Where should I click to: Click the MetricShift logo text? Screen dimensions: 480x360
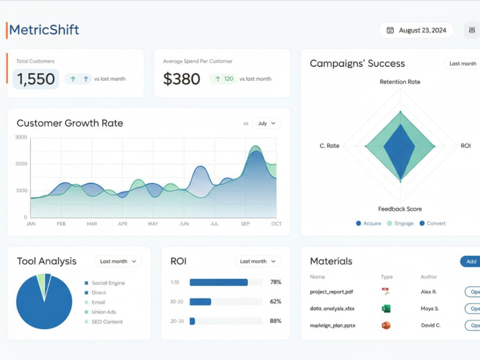tap(44, 30)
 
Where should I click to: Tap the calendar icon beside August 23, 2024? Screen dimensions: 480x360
tap(390, 30)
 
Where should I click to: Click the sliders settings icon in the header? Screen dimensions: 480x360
tap(472, 30)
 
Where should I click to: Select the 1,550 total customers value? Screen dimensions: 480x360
tap(36, 79)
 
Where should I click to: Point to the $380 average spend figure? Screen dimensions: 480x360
tap(181, 79)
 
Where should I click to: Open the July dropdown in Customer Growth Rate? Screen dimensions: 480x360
tap(266, 123)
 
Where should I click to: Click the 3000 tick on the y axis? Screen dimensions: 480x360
tap(21, 137)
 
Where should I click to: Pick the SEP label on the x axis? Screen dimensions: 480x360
tap(245, 224)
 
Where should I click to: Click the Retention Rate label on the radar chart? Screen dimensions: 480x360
tap(400, 82)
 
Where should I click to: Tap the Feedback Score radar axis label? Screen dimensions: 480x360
tap(400, 209)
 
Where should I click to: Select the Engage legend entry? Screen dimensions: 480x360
tap(400, 223)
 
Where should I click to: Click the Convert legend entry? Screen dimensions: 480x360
tap(432, 223)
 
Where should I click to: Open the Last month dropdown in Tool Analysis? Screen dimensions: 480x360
tap(118, 262)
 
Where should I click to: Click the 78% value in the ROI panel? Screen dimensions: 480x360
tap(276, 282)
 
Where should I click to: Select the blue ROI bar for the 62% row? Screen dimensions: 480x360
tap(201, 302)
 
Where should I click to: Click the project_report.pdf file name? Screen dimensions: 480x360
tap(332, 292)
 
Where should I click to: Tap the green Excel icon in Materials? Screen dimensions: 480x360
tap(386, 309)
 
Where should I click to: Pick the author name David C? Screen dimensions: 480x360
tap(431, 325)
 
